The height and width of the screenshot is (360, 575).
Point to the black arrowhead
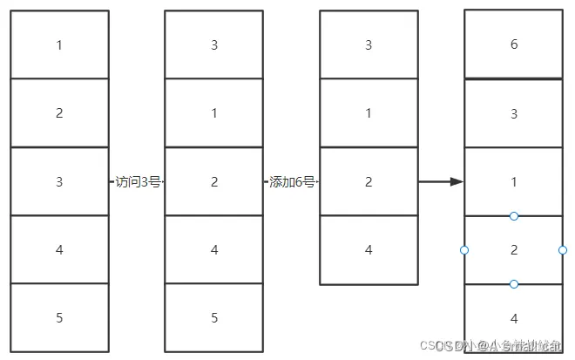coord(456,182)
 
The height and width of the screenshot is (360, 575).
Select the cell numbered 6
coord(514,44)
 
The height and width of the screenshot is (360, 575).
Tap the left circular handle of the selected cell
coord(464,250)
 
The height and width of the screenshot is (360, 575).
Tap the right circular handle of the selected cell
coord(563,250)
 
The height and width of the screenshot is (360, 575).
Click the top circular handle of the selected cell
coord(514,215)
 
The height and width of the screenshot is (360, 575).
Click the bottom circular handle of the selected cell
coord(514,284)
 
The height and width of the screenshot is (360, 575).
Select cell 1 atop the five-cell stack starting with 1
coord(59,44)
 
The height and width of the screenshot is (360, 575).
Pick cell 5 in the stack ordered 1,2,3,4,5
coord(59,318)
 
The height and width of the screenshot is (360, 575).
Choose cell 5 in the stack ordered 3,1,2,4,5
coord(214,318)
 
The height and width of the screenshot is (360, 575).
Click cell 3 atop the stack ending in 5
coord(214,44)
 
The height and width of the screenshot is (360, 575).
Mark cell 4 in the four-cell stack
coord(369,250)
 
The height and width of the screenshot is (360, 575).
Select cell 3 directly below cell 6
coord(514,113)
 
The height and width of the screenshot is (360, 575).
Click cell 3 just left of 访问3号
coord(59,182)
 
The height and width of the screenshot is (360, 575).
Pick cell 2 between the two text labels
coord(214,182)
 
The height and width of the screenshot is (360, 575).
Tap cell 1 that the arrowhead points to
coord(514,182)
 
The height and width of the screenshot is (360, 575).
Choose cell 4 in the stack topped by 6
coord(514,318)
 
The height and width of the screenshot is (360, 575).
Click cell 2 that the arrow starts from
coord(369,182)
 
